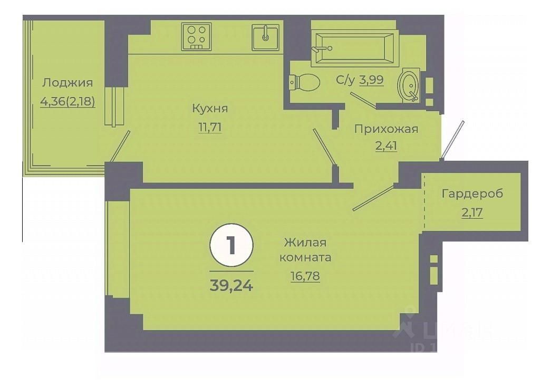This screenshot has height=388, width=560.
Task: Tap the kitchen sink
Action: coord(265,36)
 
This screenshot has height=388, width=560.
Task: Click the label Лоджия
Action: coord(67,83)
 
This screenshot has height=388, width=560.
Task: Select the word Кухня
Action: coord(210,109)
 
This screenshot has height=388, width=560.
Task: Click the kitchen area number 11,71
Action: coord(210,127)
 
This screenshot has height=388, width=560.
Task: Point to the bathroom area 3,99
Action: coord(371,80)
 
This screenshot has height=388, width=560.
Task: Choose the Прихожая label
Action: coord(386,129)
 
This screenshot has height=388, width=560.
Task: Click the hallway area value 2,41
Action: coord(386,147)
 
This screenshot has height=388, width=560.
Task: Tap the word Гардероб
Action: coord(472,193)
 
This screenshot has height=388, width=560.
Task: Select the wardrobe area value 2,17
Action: coord(472,213)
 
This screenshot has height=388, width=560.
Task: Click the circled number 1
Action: coord(231,246)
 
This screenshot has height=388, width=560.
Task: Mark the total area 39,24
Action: coord(231,285)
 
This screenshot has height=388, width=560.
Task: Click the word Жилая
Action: coord(305,242)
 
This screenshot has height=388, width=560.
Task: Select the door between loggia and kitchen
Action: coord(120,146)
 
